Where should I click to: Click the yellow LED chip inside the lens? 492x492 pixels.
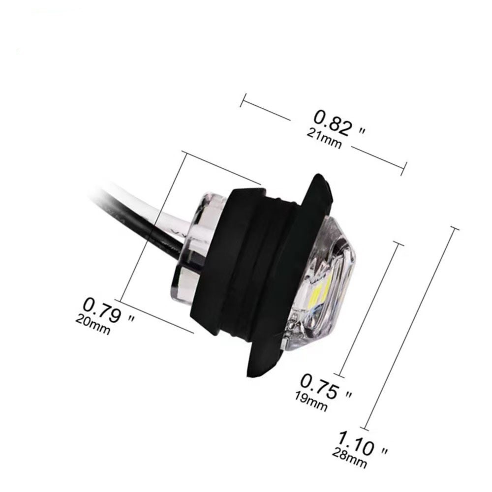[x=318, y=294]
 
